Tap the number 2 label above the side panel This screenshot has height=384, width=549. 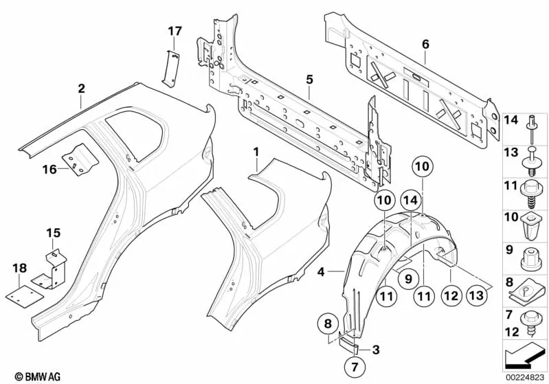(81, 88)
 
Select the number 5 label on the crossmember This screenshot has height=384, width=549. (310, 80)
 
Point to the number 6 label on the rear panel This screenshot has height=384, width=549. (425, 45)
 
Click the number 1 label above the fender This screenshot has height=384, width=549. (256, 150)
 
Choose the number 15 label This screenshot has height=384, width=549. (53, 233)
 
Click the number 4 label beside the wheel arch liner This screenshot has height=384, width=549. (321, 273)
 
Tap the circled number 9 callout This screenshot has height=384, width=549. (407, 278)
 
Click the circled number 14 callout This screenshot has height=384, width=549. (410, 200)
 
